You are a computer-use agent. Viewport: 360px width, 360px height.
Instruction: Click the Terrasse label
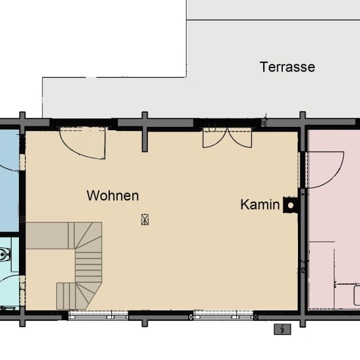(x=287, y=67)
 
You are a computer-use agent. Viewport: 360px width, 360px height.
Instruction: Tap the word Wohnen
(x=113, y=195)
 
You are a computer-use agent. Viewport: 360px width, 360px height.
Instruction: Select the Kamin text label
(x=260, y=205)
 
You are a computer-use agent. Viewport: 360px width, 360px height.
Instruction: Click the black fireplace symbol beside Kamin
(x=290, y=206)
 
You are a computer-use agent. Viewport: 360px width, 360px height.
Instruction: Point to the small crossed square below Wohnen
(x=145, y=220)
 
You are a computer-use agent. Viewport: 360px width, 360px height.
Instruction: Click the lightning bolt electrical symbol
(x=282, y=329)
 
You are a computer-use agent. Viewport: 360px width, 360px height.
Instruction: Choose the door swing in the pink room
(x=325, y=169)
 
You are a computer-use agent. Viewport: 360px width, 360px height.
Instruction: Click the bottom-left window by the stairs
(x=98, y=315)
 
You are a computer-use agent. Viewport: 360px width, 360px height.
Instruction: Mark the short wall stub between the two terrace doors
(x=145, y=131)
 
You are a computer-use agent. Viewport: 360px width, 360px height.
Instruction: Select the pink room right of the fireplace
(x=334, y=223)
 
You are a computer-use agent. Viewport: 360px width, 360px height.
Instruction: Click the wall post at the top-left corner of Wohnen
(x=22, y=122)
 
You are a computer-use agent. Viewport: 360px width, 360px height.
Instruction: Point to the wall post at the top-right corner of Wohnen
(x=302, y=122)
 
